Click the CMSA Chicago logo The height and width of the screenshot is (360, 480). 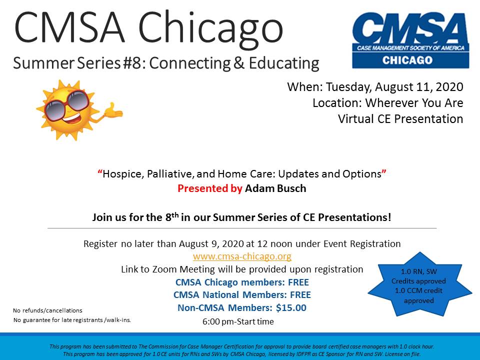coord(410,40)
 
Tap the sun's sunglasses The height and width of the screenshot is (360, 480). coord(66,105)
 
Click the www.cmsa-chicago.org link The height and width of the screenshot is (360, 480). coord(242,256)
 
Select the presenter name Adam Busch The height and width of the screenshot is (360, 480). coord(275,188)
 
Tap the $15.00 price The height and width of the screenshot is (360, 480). coord(291,307)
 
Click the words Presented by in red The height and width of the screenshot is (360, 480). coord(210,188)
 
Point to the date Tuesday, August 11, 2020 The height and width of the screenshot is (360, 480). coord(394,87)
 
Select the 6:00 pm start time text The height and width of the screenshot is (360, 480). coord(238,321)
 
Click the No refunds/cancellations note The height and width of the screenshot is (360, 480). coord(48,310)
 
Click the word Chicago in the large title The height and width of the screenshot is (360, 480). coord(211,28)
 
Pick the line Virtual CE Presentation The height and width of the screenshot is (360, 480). coord(400,119)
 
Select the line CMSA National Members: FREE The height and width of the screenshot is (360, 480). coord(242,295)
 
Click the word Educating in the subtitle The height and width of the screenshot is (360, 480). coord(284,63)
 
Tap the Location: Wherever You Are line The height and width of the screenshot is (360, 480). coord(388,103)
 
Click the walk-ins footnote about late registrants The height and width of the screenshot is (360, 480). coord(72,320)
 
